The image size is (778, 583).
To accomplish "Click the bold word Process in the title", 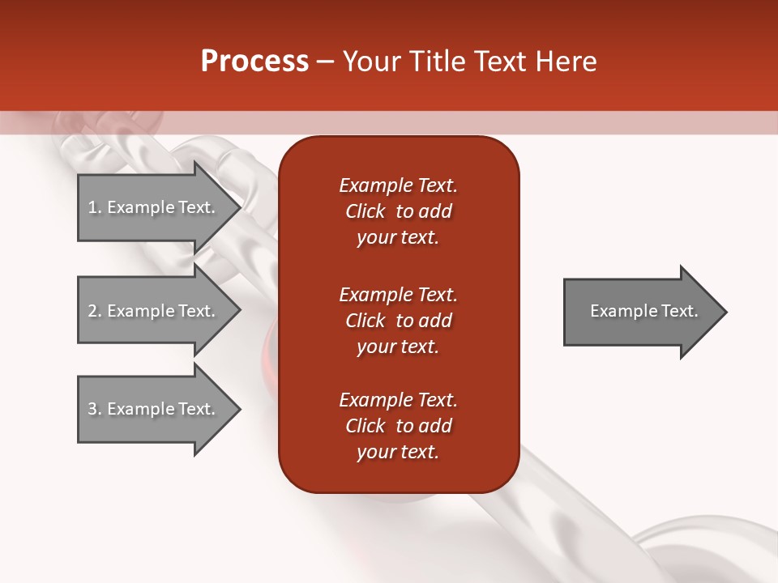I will click(x=254, y=62).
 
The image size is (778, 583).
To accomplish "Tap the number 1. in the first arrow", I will click(x=95, y=207).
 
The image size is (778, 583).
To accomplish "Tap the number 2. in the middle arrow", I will click(x=95, y=311).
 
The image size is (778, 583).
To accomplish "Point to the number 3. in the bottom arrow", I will click(x=95, y=409).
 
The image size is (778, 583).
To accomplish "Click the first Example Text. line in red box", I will click(x=398, y=185).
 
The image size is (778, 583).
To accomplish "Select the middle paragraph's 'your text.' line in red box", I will click(x=398, y=347).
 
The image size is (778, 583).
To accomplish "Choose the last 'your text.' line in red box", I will click(x=398, y=452).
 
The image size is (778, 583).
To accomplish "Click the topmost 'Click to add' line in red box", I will click(x=398, y=211).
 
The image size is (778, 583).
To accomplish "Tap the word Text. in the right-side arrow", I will click(x=680, y=311).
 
